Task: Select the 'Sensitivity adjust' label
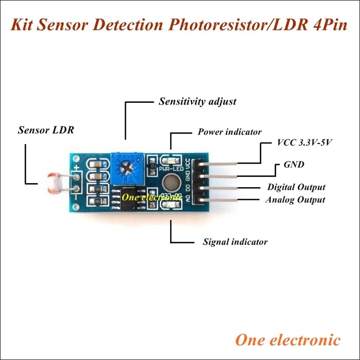click(197, 101)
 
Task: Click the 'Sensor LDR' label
click(46, 130)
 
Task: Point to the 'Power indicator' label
click(229, 132)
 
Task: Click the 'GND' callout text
click(294, 165)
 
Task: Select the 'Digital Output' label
click(296, 187)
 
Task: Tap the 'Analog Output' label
click(295, 200)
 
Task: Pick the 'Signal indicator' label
click(235, 241)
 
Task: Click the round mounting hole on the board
click(170, 183)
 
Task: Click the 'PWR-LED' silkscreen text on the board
click(170, 168)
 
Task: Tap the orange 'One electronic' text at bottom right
click(287, 340)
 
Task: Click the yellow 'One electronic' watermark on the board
click(147, 196)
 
